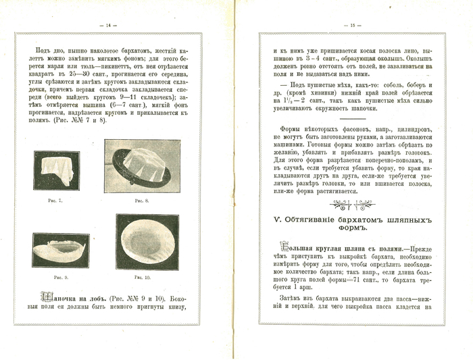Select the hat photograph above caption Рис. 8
142,166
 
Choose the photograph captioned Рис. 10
147,242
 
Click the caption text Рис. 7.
56,201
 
